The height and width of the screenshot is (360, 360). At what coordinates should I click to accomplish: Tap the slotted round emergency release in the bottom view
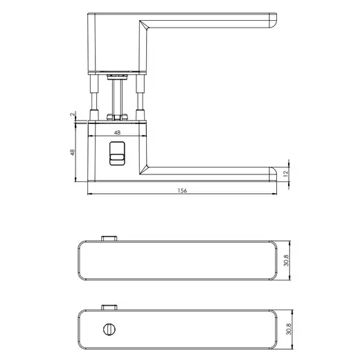click(x=109, y=325)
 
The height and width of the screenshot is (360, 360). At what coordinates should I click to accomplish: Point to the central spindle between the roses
click(x=117, y=97)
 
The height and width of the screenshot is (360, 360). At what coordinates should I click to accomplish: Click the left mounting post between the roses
click(x=95, y=97)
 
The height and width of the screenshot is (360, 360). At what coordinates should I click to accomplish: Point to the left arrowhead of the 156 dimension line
click(x=90, y=195)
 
